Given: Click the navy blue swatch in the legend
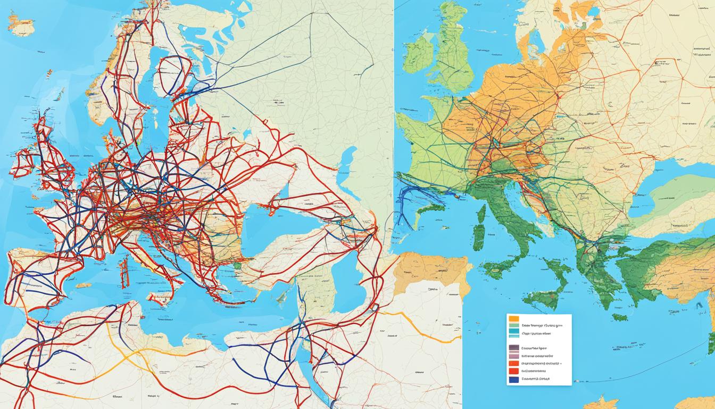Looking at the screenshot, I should [x=513, y=380].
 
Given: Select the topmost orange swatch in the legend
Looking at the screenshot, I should [x=513, y=318].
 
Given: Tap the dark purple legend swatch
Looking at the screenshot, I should [x=513, y=347].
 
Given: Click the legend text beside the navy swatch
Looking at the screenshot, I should [x=535, y=379].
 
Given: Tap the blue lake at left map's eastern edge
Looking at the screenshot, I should [x=348, y=160].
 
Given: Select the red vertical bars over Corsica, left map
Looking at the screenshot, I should [x=124, y=273].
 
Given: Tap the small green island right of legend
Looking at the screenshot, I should [x=619, y=317].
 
